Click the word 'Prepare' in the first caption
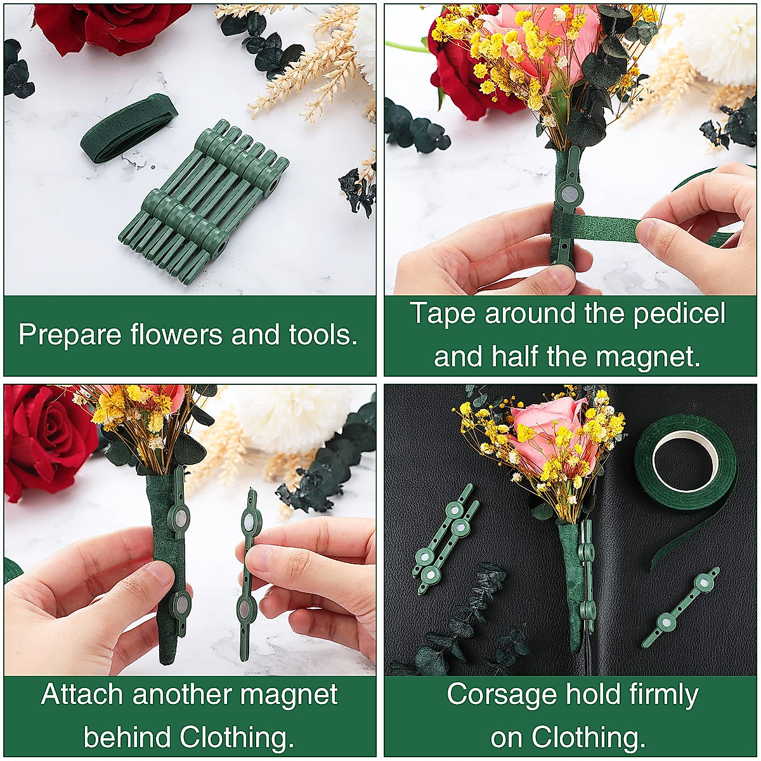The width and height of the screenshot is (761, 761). tap(70, 335)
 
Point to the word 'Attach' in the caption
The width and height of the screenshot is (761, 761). tap(81, 694)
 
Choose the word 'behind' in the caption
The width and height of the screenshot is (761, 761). tap(127, 737)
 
